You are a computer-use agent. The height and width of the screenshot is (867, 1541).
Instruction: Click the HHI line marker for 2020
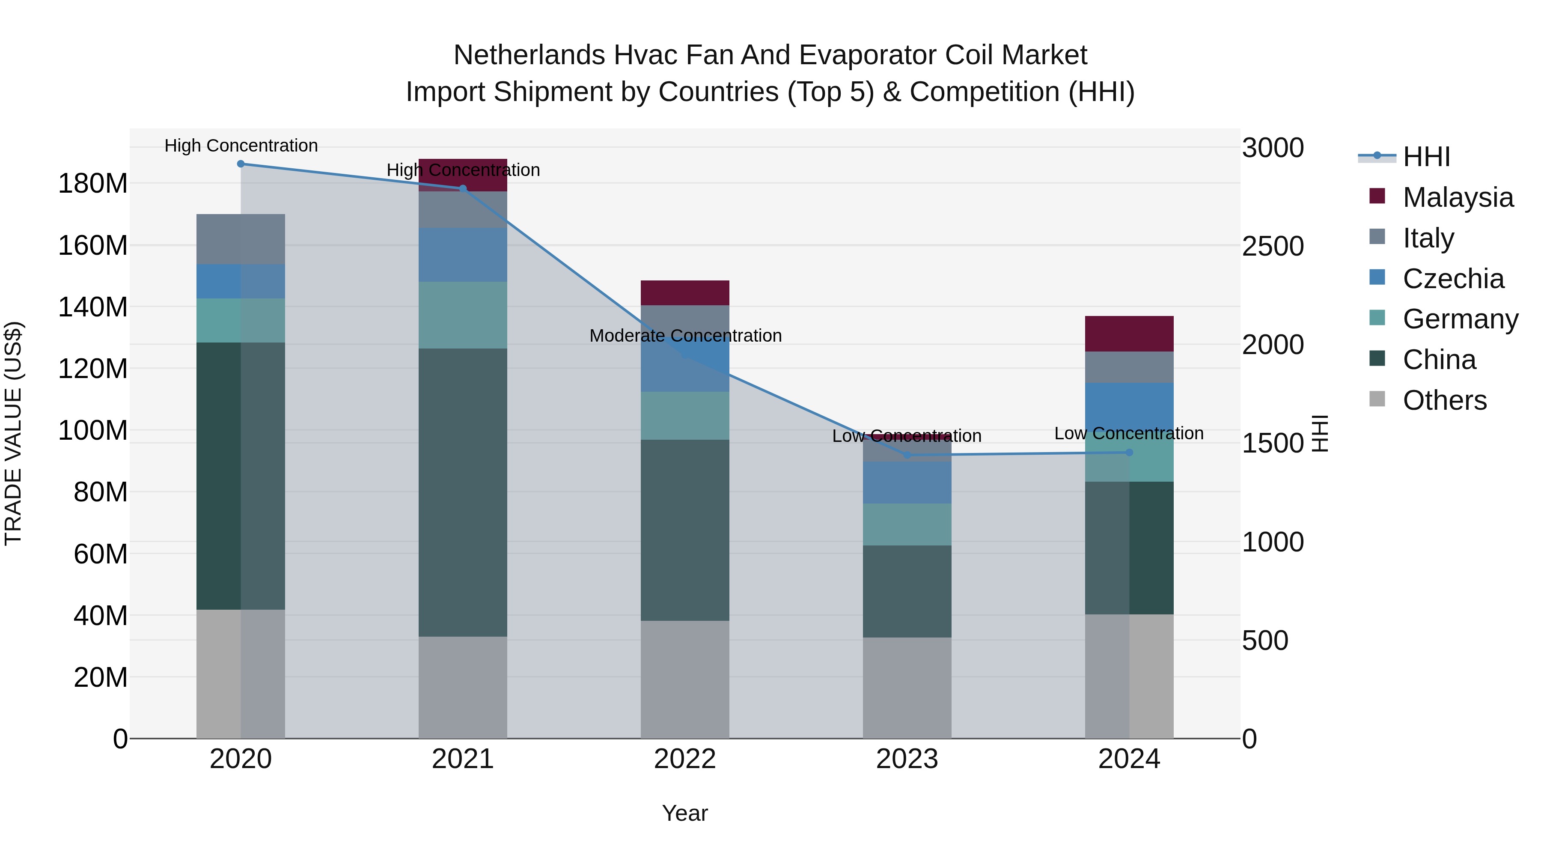pos(241,164)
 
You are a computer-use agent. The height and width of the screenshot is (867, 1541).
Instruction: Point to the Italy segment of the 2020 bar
pos(241,239)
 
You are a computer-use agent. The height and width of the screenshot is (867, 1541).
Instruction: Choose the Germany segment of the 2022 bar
pos(684,416)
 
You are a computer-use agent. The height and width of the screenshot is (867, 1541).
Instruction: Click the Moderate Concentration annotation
pos(685,336)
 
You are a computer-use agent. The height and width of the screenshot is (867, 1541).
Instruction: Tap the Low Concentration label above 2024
pos(1128,433)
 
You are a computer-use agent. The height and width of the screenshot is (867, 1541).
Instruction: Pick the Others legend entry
pos(1444,400)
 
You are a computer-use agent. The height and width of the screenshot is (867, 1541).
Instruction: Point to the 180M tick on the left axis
pos(93,183)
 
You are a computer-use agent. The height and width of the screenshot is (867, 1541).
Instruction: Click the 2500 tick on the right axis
pos(1273,247)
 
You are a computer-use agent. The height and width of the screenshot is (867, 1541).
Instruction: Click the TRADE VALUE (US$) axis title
pos(13,433)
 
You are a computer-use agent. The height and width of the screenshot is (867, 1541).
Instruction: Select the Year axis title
pos(684,813)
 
